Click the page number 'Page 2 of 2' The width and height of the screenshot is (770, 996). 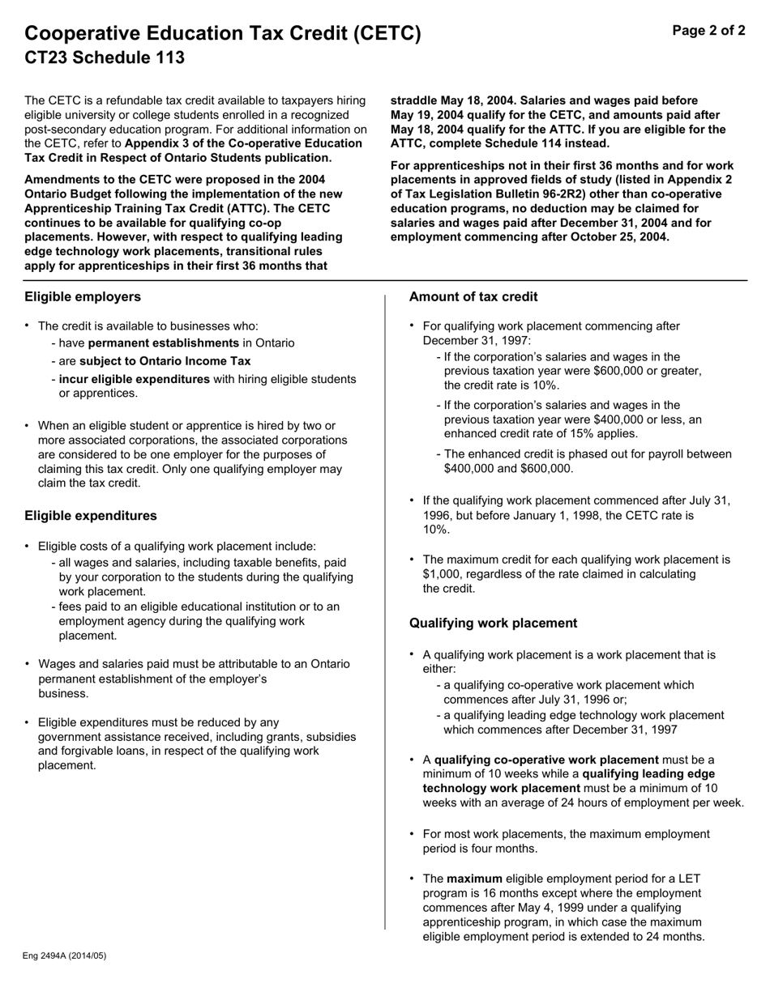pyautogui.click(x=708, y=31)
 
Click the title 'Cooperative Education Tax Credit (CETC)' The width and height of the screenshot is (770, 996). pyautogui.click(x=223, y=33)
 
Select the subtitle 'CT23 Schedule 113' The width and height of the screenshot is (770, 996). pyautogui.click(x=105, y=57)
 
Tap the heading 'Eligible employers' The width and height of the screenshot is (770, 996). pyautogui.click(x=82, y=296)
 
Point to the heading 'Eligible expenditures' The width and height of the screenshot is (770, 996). pyautogui.click(x=91, y=516)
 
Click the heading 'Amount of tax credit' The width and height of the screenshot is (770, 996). pyautogui.click(x=473, y=296)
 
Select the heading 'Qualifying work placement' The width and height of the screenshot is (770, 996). pyautogui.click(x=493, y=623)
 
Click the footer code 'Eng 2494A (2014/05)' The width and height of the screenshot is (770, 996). pyautogui.click(x=65, y=956)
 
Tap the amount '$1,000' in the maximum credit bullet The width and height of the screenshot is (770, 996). pyautogui.click(x=440, y=574)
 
